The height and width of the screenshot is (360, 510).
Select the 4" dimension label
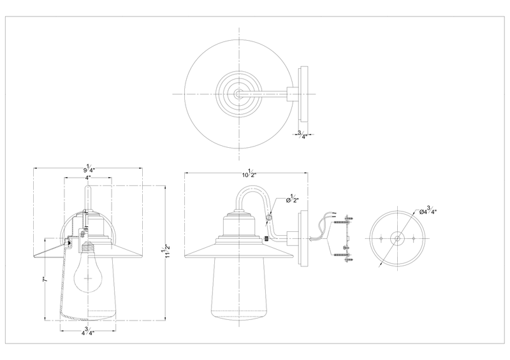coord(87,178)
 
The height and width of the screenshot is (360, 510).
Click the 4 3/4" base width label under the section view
coord(89,331)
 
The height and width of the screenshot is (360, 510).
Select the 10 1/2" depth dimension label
coord(247,174)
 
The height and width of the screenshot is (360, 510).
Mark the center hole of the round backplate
coord(397,239)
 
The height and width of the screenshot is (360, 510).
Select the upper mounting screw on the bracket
coord(347,220)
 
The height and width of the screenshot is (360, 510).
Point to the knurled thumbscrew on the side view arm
coord(266,240)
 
